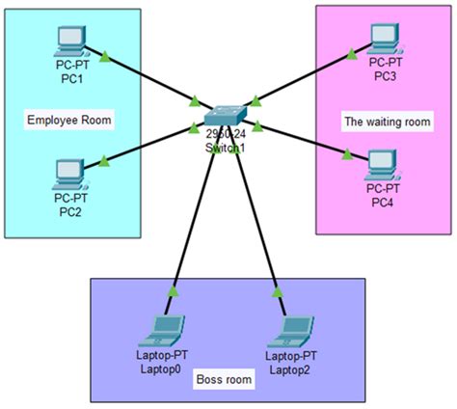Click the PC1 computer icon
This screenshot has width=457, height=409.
[x=69, y=40]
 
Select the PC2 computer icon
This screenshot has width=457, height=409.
[x=69, y=173]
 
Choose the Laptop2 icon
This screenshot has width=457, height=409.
[x=288, y=329]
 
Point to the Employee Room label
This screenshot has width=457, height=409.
[x=68, y=121]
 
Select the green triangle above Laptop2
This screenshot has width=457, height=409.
[x=277, y=289]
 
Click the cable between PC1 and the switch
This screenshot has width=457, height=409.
[x=149, y=78]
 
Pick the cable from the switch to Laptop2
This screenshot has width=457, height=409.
[x=258, y=222]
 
